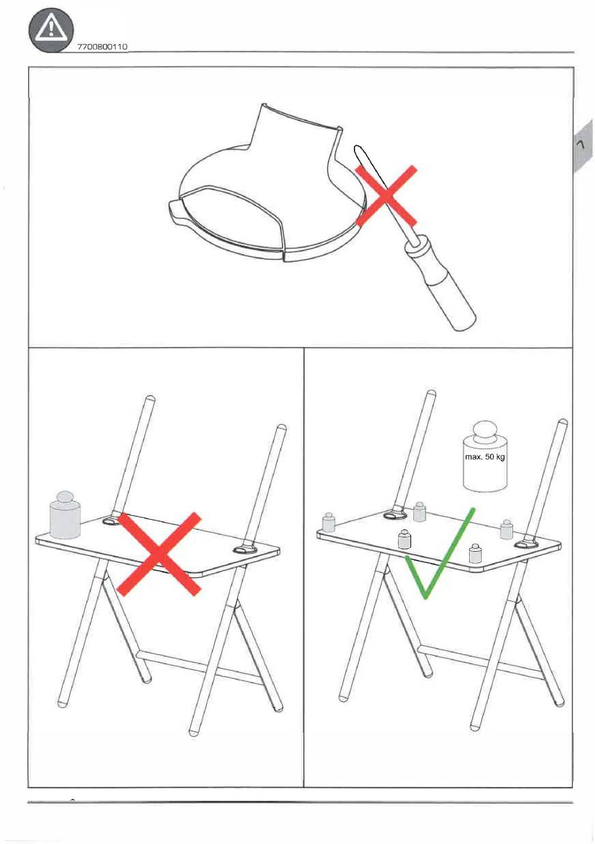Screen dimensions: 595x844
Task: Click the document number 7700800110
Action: (102, 47)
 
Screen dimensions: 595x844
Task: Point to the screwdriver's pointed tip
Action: (356, 148)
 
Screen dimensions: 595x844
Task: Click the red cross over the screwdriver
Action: (386, 196)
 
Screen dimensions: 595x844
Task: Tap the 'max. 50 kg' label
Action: (484, 457)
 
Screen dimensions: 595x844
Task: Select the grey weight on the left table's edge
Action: (65, 515)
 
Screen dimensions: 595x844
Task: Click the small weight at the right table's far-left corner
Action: (328, 522)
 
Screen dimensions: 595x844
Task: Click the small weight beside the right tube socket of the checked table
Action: (506, 529)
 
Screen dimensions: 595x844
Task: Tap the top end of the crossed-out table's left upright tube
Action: (150, 399)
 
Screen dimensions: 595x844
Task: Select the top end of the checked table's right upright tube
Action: (563, 422)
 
